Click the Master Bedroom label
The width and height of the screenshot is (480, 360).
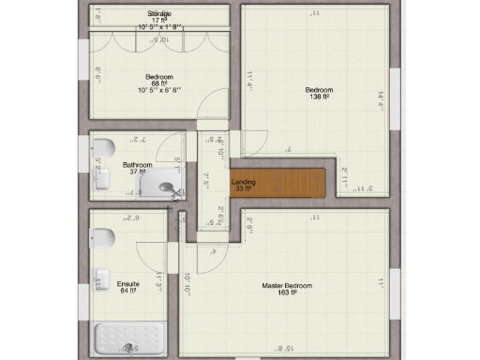(286, 285)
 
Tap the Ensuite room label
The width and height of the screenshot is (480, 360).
(127, 283)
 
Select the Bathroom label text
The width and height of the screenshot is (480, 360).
(137, 165)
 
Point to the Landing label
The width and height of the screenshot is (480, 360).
(243, 181)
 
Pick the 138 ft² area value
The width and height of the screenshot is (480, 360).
(315, 97)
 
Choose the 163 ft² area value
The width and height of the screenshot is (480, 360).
(287, 292)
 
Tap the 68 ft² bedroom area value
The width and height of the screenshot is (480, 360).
(157, 83)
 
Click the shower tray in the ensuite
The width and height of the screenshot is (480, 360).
(129, 338)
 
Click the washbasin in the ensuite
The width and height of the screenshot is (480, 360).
(100, 277)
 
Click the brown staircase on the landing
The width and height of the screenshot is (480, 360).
(290, 182)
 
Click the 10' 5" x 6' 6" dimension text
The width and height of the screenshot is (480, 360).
(157, 91)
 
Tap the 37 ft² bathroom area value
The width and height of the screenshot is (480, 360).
(137, 172)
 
